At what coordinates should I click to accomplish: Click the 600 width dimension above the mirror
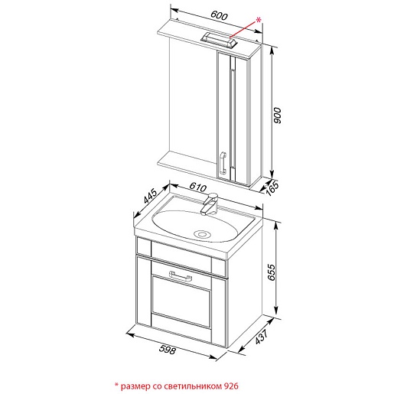pyautogui.click(x=219, y=16)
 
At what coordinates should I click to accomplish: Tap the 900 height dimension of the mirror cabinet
pyautogui.click(x=278, y=116)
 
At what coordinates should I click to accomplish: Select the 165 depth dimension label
pyautogui.click(x=272, y=188)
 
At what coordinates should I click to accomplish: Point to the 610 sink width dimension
pyautogui.click(x=198, y=187)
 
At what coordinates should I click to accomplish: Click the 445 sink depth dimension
pyautogui.click(x=150, y=196)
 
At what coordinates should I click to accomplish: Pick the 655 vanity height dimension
pyautogui.click(x=272, y=272)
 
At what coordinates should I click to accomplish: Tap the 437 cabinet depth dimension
pyautogui.click(x=262, y=337)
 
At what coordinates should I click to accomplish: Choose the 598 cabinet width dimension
pyautogui.click(x=168, y=349)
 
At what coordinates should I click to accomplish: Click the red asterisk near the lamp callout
pyautogui.click(x=259, y=20)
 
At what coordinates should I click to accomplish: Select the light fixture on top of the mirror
pyautogui.click(x=219, y=41)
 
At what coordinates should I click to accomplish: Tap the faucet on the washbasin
pyautogui.click(x=210, y=204)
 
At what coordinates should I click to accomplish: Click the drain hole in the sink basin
pyautogui.click(x=202, y=234)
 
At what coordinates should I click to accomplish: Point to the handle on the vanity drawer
pyautogui.click(x=181, y=276)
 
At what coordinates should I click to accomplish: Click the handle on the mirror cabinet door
pyautogui.click(x=223, y=162)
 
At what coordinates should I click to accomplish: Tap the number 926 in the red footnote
pyautogui.click(x=231, y=386)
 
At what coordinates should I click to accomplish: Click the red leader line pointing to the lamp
pyautogui.click(x=243, y=29)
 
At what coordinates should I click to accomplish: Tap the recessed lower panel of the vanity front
pyautogui.click(x=181, y=301)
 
